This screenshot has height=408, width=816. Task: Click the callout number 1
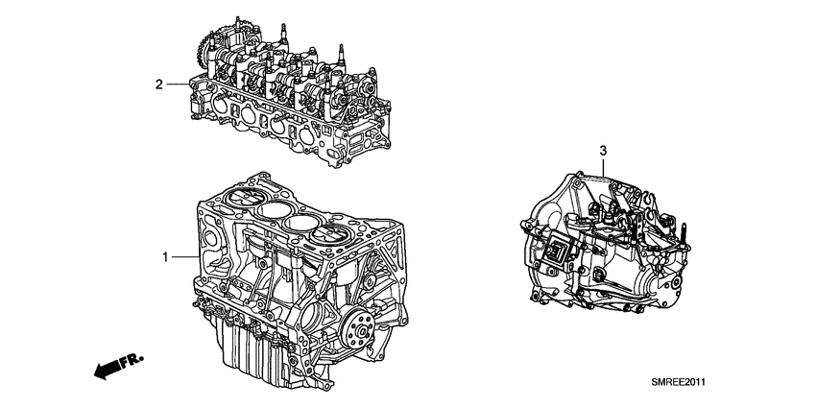click(164, 257)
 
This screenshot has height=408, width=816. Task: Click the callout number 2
click(159, 84)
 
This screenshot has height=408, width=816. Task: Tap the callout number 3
click(603, 152)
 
